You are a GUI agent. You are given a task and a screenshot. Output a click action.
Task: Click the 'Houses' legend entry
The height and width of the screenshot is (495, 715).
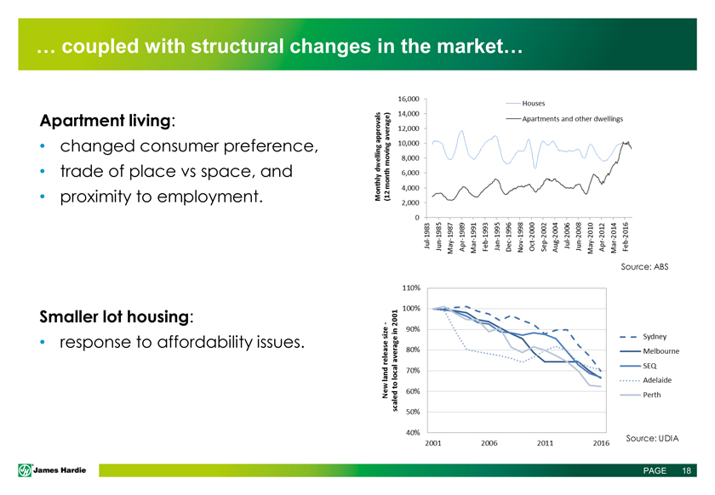tap(534, 104)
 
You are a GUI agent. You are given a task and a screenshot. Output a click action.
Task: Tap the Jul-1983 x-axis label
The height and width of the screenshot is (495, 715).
tap(426, 236)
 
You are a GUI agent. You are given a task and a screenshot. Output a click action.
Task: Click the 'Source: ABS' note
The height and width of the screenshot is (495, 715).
tap(647, 267)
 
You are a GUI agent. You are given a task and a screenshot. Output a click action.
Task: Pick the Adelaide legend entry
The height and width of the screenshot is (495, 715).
tap(661, 379)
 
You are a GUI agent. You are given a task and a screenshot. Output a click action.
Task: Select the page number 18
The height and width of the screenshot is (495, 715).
tap(685, 471)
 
